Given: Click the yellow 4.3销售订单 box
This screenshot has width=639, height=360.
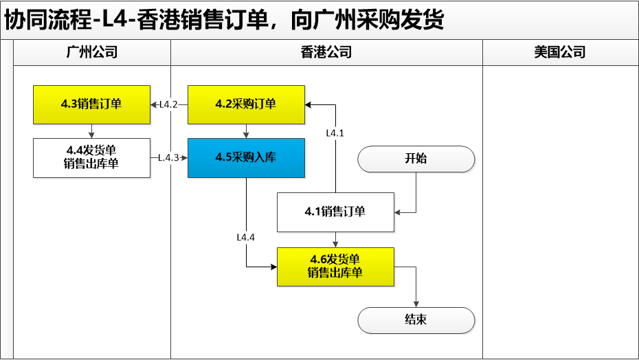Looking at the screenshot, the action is pyautogui.click(x=91, y=105).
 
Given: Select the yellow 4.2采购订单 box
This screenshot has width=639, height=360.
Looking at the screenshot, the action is pyautogui.click(x=246, y=105).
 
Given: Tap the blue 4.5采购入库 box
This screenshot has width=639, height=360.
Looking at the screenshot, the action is pyautogui.click(x=246, y=158).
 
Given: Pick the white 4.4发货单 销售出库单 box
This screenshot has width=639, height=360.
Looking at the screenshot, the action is pyautogui.click(x=91, y=158).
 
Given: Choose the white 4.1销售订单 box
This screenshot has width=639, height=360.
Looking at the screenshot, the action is pyautogui.click(x=335, y=212).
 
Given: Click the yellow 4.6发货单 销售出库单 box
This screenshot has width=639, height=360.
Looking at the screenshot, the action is pyautogui.click(x=335, y=267).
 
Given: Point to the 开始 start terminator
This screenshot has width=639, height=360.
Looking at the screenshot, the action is pyautogui.click(x=416, y=159).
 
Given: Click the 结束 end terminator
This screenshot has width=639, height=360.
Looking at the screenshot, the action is pyautogui.click(x=416, y=320).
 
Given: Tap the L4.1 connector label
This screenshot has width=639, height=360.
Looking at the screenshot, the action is pyautogui.click(x=335, y=133).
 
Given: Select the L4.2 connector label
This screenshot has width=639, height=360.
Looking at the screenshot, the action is pyautogui.click(x=168, y=105).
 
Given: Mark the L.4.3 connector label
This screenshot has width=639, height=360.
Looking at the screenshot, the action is pyautogui.click(x=169, y=158).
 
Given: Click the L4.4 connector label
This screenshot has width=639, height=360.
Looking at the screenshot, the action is pyautogui.click(x=246, y=237).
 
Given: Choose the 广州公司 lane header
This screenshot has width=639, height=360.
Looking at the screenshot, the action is pyautogui.click(x=91, y=52).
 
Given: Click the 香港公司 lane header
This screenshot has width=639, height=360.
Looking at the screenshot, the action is pyautogui.click(x=326, y=52).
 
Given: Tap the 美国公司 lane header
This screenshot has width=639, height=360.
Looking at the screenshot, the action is pyautogui.click(x=560, y=52).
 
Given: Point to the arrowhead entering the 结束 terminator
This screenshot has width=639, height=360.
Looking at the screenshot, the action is pyautogui.click(x=416, y=304).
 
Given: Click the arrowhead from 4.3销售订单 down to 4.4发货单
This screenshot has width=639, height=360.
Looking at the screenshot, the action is pyautogui.click(x=91, y=135).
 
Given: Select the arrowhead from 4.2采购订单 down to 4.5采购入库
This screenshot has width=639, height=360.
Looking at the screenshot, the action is pyautogui.click(x=246, y=135).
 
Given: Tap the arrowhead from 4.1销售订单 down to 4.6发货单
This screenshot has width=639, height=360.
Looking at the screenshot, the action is pyautogui.click(x=335, y=245).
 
